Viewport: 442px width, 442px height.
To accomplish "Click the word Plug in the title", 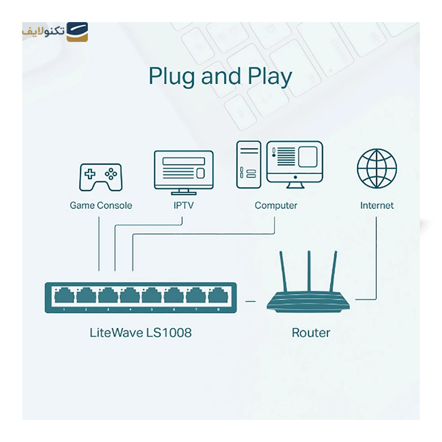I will coord(172,76).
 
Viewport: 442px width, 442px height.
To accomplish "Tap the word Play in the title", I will coord(270,76).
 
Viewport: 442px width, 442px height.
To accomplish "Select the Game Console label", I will coord(101,206).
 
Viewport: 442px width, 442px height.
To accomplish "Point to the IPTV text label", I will coord(183,206).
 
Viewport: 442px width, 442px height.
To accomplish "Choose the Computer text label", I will coord(276,206).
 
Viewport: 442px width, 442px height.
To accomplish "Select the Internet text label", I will coord(377,206).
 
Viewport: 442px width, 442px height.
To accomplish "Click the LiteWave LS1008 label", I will coord(140,333).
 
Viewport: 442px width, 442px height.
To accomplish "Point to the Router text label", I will coord(311,333).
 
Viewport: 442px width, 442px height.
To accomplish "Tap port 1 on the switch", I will coord(65,297).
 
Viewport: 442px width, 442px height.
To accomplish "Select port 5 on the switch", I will coord(151,297).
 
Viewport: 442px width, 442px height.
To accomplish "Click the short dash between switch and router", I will coord(250,301).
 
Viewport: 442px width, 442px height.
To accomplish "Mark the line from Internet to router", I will coord(376,260).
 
